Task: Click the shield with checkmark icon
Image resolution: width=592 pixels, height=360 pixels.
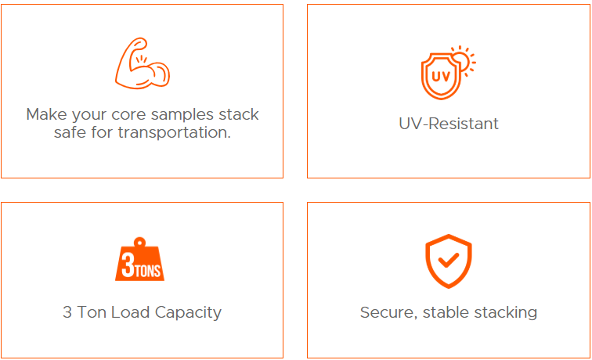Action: coord(448,261)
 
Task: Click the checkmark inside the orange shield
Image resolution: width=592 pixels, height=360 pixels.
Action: coord(449,261)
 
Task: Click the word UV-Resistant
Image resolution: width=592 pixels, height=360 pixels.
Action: coord(448,124)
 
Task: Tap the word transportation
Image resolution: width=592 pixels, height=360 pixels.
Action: coord(174,132)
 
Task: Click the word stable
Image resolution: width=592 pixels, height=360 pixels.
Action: coord(447,312)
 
